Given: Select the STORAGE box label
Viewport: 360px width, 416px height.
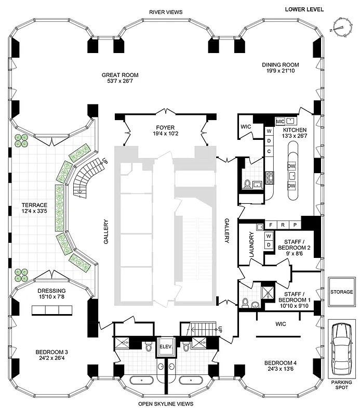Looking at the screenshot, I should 341,292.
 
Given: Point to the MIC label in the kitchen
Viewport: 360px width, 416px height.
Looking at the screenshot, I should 280,121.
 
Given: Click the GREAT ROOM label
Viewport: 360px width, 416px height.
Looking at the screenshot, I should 120,75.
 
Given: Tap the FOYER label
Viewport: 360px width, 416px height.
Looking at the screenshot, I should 165,127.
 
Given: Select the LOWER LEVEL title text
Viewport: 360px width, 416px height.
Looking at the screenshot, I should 304,9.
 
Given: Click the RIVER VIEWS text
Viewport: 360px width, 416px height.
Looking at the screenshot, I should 165,11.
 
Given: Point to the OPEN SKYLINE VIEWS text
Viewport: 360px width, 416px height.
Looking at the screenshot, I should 166,404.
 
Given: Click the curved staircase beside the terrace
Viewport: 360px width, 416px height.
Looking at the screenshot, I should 86,177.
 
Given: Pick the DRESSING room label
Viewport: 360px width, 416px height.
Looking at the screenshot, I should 51,291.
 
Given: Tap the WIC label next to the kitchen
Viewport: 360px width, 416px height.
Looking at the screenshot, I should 246,126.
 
